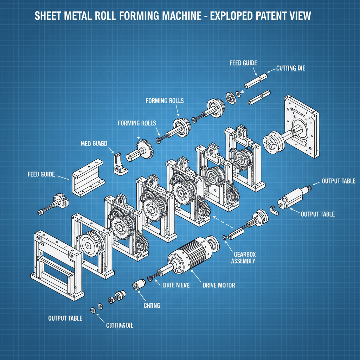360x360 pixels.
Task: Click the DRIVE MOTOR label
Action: pos(219,285)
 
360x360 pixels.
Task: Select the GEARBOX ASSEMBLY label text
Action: pos(243,258)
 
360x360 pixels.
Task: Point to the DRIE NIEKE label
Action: pos(176,285)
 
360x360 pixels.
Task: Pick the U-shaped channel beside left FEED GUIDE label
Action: pos(88,178)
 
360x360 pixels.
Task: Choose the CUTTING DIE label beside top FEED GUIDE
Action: pos(290,68)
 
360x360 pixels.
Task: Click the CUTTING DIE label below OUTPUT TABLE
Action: pos(119,326)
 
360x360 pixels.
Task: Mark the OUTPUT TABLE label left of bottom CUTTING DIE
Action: pos(65,318)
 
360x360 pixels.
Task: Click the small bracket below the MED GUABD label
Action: pos(119,163)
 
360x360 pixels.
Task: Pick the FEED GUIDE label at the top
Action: pos(243,63)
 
